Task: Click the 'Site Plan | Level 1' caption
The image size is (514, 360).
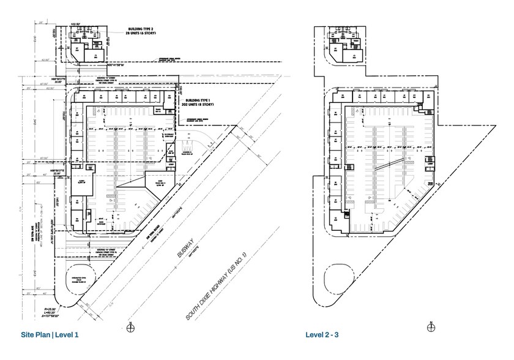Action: coord(50,335)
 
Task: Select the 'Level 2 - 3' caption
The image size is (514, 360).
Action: coord(326,335)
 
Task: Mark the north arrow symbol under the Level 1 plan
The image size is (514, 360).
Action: coord(130,328)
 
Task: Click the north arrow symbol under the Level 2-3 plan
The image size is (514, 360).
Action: coord(431,328)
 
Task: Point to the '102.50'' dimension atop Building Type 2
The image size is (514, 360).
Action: coord(76,24)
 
